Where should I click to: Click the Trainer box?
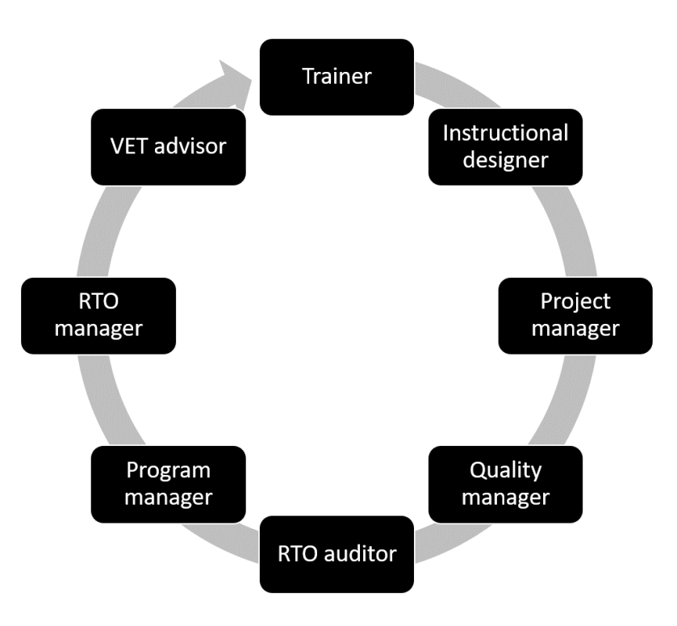(x=336, y=77)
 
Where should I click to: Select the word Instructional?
(x=506, y=132)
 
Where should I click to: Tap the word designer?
(x=506, y=159)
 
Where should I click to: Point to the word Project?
(x=576, y=301)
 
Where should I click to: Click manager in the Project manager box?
(x=576, y=329)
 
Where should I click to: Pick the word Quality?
(x=506, y=469)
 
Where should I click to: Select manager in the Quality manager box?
(x=506, y=496)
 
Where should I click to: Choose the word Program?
(x=169, y=469)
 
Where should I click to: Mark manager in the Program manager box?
(x=169, y=496)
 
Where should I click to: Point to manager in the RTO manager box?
(x=98, y=329)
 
